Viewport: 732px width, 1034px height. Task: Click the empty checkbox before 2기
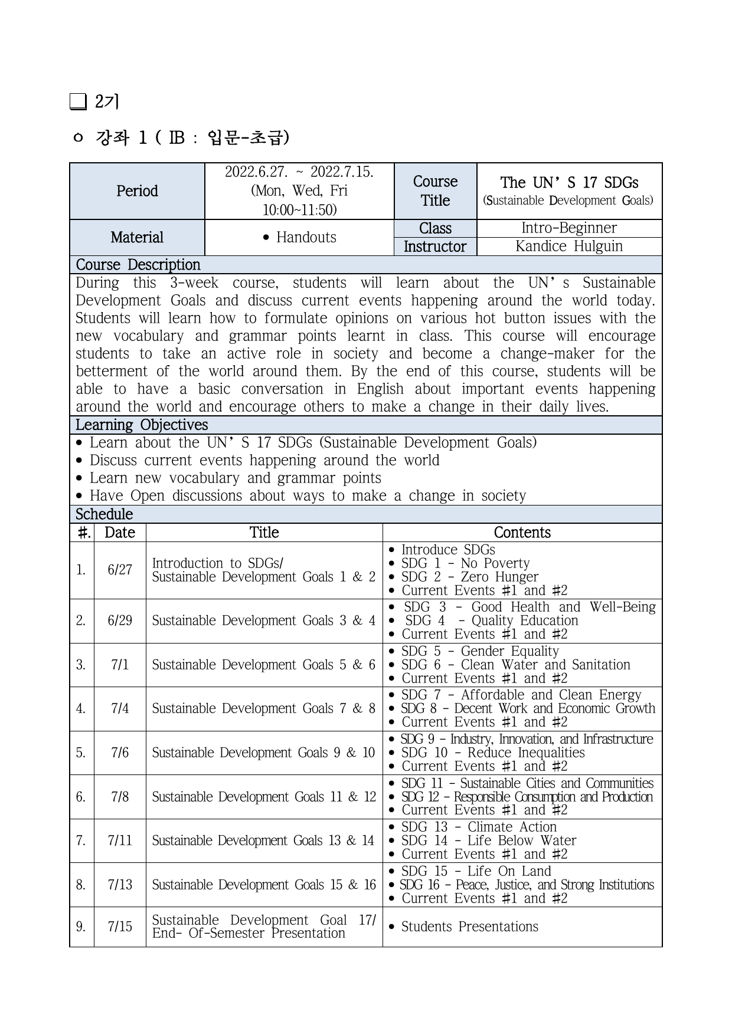tap(78, 102)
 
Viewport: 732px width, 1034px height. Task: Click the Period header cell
tap(137, 191)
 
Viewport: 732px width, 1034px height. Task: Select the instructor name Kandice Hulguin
tap(568, 247)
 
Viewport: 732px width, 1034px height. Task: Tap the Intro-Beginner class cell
tap(568, 228)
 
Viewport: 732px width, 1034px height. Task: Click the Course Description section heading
tap(138, 265)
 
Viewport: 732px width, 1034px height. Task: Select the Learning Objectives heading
tap(142, 425)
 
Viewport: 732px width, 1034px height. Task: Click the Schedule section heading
tap(104, 514)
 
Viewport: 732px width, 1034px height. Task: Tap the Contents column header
tap(522, 533)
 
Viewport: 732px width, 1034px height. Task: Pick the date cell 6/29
tap(120, 621)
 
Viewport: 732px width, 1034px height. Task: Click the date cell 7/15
tap(120, 927)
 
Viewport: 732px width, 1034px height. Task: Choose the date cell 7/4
tap(120, 708)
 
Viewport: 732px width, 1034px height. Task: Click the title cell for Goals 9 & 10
tap(263, 753)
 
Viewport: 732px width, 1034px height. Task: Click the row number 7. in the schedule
tap(81, 841)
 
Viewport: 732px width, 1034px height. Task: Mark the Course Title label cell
tap(435, 191)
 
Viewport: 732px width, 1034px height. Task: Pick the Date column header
tap(120, 533)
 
